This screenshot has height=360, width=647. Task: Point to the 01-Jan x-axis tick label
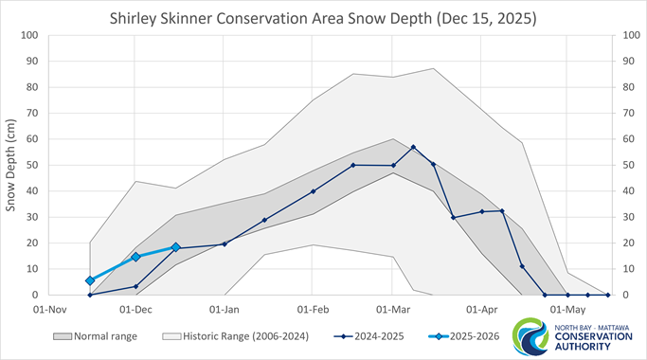pyautogui.click(x=224, y=309)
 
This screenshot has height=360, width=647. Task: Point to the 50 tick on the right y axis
pyautogui.click(x=621, y=166)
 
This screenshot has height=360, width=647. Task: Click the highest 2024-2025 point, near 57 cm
pyautogui.click(x=414, y=147)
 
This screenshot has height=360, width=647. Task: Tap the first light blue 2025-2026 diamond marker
pyautogui.click(x=90, y=280)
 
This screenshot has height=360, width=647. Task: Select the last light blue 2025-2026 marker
pyautogui.click(x=176, y=247)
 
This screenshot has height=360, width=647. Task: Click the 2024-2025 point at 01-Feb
pyautogui.click(x=313, y=191)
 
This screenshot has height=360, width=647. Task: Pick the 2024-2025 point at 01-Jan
pyautogui.click(x=225, y=244)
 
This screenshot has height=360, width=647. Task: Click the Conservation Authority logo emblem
pyautogui.click(x=530, y=337)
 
